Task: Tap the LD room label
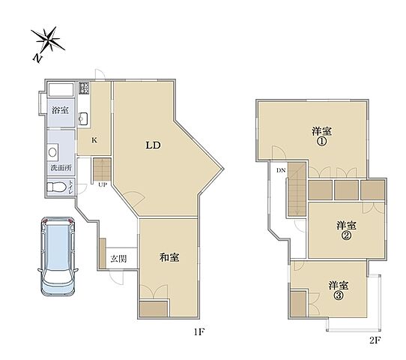point(154,145)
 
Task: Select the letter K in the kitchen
point(94,140)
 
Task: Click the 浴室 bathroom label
point(60,110)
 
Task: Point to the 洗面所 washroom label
point(61,168)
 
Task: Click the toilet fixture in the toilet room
point(56,187)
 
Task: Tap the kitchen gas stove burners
point(84,88)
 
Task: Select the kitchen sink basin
point(83,118)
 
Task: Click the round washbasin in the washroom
point(52,152)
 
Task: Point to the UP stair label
point(103,184)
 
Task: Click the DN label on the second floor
point(281,170)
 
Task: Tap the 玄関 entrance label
point(118,259)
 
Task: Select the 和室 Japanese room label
point(169,257)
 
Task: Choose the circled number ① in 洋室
point(322,142)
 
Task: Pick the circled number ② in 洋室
point(347,235)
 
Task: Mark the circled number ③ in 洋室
point(339,295)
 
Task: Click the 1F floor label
point(200,331)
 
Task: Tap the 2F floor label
point(375,340)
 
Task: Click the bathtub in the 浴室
point(61,90)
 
